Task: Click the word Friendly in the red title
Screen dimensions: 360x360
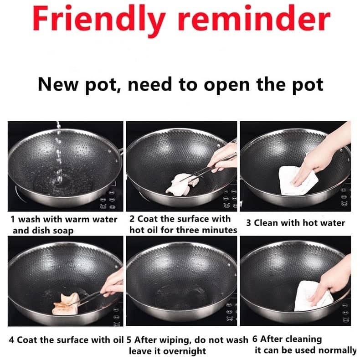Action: (x=99, y=20)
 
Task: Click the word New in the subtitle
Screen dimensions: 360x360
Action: (x=58, y=84)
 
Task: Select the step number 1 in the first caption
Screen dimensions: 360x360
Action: (x=13, y=219)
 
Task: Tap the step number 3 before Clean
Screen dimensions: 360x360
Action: (x=248, y=223)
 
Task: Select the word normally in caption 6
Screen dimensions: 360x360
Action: (x=337, y=350)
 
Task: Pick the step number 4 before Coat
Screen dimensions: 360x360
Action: (x=11, y=340)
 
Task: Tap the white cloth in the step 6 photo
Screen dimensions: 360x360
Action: (x=312, y=296)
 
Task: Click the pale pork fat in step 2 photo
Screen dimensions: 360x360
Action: (x=183, y=185)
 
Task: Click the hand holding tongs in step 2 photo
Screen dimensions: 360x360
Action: (x=224, y=159)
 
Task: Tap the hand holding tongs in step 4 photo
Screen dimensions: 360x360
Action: (x=113, y=283)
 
